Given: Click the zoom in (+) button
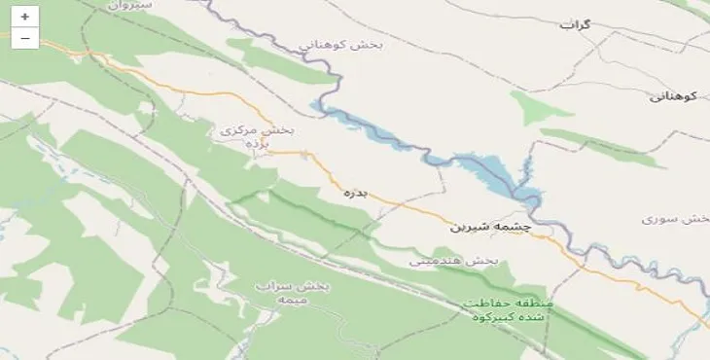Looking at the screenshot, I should [x=24, y=17].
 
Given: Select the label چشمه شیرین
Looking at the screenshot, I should [x=491, y=226].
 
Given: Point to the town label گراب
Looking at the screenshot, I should [x=575, y=24].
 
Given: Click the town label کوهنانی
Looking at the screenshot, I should [x=673, y=95].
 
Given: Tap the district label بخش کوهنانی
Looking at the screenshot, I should [x=341, y=44].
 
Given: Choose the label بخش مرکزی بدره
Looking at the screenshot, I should [x=256, y=135].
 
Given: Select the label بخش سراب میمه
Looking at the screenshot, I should [x=293, y=293].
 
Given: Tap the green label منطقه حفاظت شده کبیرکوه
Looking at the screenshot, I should [x=508, y=310].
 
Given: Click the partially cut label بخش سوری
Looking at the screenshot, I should [x=677, y=219].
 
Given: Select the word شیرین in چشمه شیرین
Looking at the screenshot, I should [x=471, y=227].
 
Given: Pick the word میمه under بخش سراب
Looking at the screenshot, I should [x=292, y=301].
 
